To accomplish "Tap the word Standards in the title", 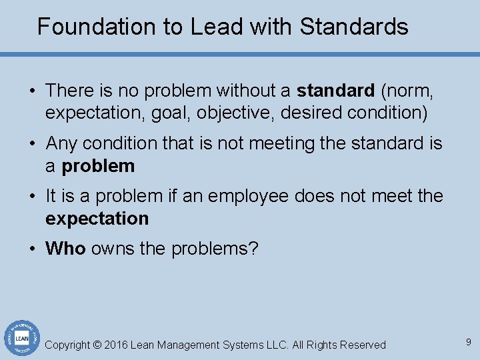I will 354,27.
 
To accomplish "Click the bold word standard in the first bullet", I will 335,90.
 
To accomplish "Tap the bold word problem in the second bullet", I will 98,166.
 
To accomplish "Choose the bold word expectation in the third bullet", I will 97,219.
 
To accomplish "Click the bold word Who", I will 65,249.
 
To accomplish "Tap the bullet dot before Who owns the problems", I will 32,249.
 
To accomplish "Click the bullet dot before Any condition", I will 32,143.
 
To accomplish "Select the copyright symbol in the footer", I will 97,345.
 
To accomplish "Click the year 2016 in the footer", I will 116,345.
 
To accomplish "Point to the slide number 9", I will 469,342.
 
